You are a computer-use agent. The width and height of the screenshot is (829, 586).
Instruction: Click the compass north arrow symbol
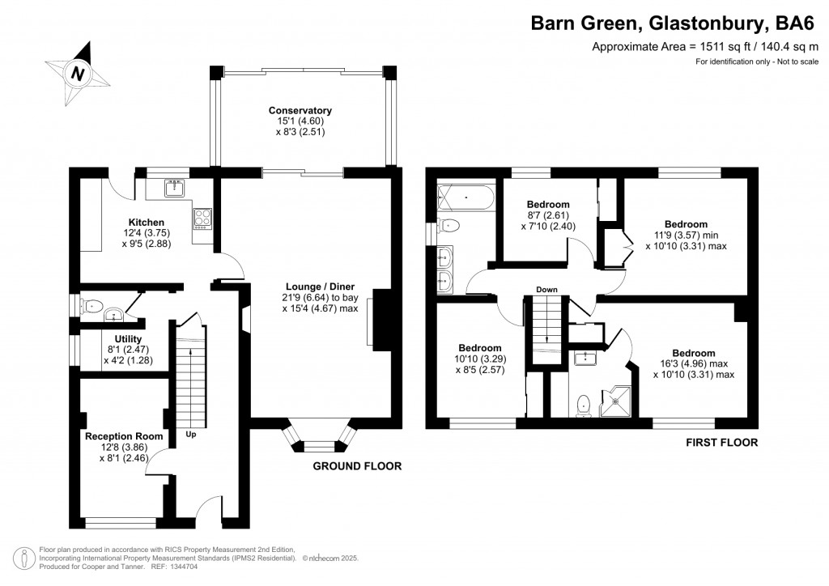[77, 73]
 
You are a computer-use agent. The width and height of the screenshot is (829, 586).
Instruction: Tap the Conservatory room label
[300, 111]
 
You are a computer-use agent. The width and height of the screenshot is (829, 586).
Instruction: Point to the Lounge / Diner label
[320, 286]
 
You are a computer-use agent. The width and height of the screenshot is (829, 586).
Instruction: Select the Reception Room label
[124, 436]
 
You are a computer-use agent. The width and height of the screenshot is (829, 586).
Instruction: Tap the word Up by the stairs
[191, 434]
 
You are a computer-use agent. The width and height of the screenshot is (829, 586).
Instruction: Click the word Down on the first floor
[546, 289]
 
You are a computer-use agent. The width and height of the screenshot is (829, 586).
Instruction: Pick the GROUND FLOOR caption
[357, 466]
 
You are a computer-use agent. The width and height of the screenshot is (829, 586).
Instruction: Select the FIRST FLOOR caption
[721, 443]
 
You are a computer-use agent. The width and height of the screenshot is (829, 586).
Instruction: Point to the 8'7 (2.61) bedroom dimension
[548, 215]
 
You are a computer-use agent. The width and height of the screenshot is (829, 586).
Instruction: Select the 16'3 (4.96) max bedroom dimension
[693, 363]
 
